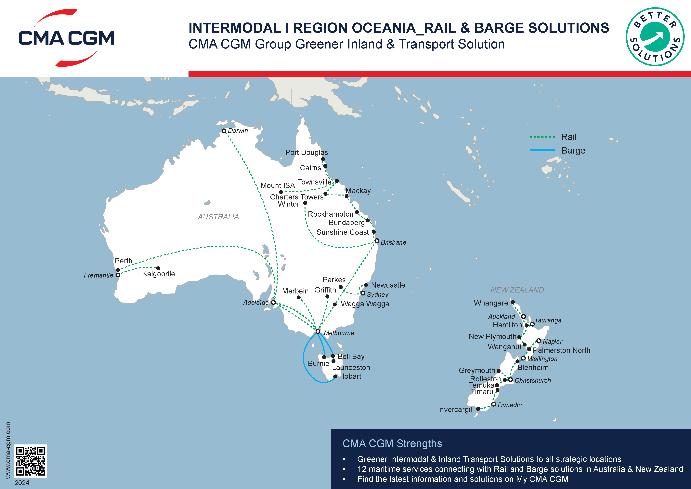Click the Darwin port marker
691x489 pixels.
coord(224,131)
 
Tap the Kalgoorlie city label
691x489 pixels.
coord(158,274)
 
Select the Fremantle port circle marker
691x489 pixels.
coord(118,275)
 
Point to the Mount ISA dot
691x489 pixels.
coord(281,192)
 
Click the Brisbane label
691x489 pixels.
coord(393,242)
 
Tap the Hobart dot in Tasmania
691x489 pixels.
coord(335,376)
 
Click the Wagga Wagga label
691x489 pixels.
coord(365,304)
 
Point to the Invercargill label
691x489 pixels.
coord(456,410)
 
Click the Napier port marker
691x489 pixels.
coord(539,341)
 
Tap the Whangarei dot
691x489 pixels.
coord(513,302)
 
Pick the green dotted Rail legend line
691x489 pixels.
coord(542,137)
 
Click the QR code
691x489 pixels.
coord(30,461)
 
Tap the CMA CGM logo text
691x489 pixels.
coord(66,38)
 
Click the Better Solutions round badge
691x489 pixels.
coord(655,37)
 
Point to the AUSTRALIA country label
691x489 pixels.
coord(218,217)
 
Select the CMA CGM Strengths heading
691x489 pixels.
coord(392,443)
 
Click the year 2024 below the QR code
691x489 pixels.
coord(22,483)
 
